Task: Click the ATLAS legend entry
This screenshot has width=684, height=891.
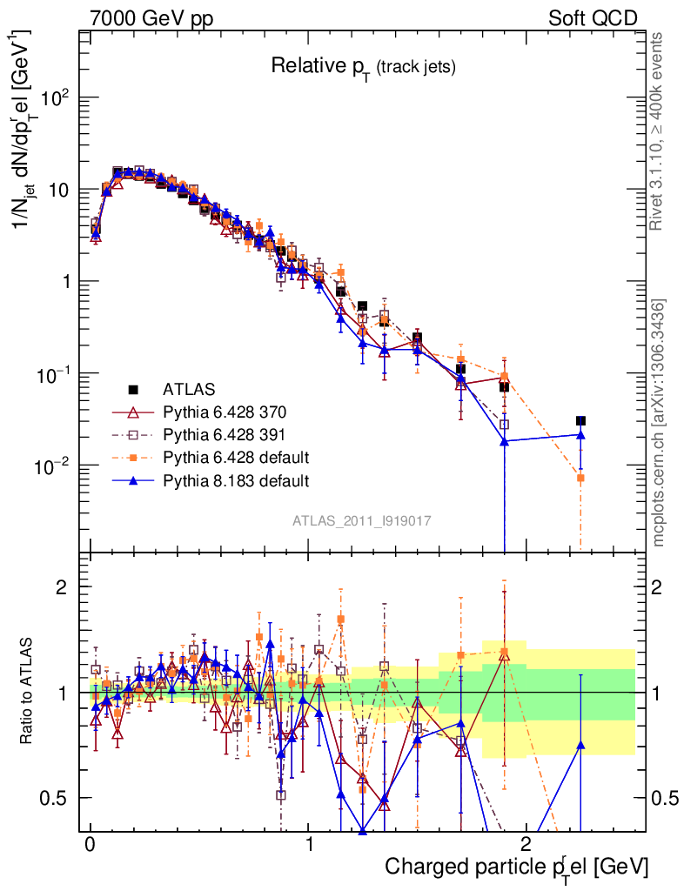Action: coord(188,389)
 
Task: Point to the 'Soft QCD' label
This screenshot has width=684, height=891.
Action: coord(593,18)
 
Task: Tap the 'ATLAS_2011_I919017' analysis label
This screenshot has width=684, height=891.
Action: coord(362,520)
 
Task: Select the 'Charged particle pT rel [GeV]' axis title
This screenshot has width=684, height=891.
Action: coord(517,867)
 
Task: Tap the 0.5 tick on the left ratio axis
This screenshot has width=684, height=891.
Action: coord(57,798)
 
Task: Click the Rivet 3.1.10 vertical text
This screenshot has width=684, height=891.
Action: coord(659,131)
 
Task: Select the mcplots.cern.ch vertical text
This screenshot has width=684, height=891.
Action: coord(659,422)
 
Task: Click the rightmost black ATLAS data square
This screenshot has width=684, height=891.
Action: coord(580,421)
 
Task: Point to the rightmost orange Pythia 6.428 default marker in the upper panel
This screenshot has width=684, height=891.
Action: coord(580,478)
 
